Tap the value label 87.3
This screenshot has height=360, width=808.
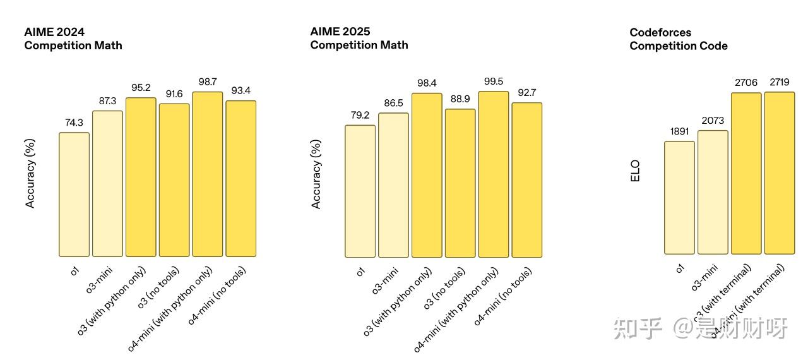(x=107, y=101)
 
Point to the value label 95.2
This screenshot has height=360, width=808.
(x=141, y=88)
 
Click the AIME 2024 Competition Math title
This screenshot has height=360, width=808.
(x=73, y=39)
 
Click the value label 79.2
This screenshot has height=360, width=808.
(x=360, y=115)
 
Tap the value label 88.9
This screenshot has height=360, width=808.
(x=460, y=99)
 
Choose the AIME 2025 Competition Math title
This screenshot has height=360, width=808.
(x=359, y=38)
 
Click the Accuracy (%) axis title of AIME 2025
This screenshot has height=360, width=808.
(x=316, y=174)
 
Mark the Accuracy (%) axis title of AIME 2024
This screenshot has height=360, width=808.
(x=30, y=174)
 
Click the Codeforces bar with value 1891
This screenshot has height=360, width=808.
(x=679, y=198)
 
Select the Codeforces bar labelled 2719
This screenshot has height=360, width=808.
(x=780, y=173)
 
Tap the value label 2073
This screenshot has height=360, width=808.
(x=713, y=121)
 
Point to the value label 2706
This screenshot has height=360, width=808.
(x=746, y=83)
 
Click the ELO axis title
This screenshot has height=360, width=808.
(x=635, y=171)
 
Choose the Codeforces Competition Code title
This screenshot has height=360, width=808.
(x=679, y=39)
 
